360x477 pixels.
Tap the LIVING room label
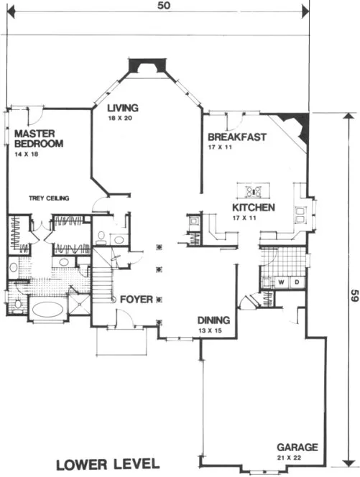(x=123, y=108)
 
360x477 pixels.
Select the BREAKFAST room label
(x=237, y=137)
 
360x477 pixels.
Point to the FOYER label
(x=136, y=299)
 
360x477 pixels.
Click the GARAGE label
(x=298, y=447)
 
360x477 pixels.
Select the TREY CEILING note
(x=49, y=198)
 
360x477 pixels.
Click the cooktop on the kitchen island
(x=253, y=190)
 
